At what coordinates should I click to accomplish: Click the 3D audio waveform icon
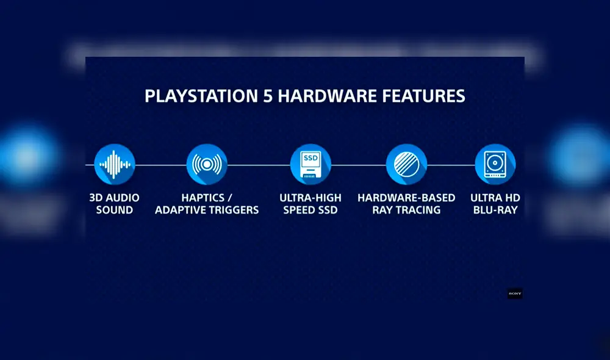[114, 164]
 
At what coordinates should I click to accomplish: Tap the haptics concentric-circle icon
[207, 164]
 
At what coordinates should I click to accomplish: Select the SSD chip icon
[310, 164]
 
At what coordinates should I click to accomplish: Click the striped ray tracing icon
[406, 164]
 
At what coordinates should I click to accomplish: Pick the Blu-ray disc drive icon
[495, 164]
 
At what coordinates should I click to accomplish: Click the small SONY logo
[515, 293]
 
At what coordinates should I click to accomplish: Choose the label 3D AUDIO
[114, 198]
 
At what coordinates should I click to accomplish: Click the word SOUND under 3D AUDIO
[114, 210]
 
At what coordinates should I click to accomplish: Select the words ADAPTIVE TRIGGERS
[207, 210]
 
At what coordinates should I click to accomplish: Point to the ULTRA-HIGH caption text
[310, 198]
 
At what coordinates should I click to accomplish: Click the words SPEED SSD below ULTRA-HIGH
[310, 210]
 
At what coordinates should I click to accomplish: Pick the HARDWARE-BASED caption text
[406, 198]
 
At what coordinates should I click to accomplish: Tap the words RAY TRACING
[406, 210]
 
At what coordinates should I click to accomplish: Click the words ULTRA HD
[495, 198]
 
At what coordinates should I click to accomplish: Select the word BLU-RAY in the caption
[495, 210]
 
